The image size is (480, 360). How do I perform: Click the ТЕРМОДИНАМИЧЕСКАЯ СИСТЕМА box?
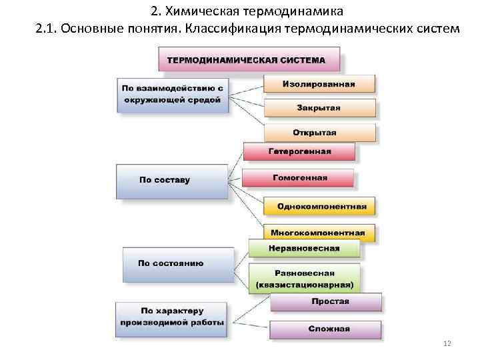pos(248,59)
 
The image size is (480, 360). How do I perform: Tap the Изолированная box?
pos(319,84)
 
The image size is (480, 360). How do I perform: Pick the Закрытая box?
pos(319,107)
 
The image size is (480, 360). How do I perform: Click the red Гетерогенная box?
pos(299,151)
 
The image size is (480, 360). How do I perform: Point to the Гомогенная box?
pos(297,178)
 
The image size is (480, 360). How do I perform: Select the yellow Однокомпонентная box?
pos(319,206)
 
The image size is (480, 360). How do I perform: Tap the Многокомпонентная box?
pos(317,233)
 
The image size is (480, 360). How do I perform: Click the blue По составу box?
pos(171,181)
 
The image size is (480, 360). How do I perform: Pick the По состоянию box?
pos(177,263)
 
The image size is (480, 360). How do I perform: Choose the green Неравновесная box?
pos(303,248)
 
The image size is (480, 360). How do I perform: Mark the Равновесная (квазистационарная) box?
pos(303,278)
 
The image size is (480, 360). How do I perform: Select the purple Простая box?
pos(325,301)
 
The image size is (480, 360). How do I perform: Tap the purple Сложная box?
pos(325,329)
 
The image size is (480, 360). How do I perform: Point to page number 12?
pos(447,343)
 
